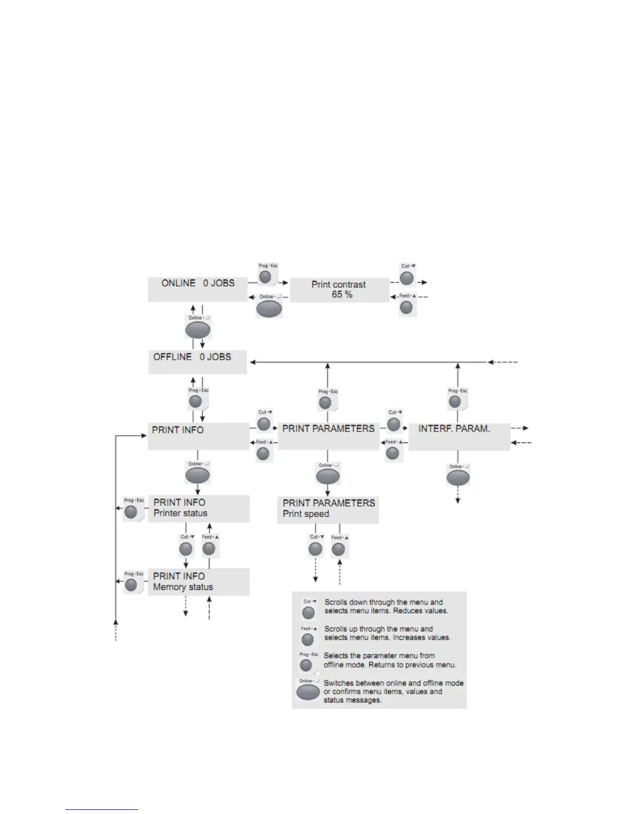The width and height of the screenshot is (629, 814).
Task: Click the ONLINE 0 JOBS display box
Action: pos(198,289)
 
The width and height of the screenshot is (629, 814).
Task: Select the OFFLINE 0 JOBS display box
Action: pos(197,362)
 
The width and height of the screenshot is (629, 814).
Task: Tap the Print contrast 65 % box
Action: pos(339,290)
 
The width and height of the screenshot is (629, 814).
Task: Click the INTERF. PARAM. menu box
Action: pos(459,436)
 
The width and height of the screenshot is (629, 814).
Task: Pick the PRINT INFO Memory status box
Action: pos(198,582)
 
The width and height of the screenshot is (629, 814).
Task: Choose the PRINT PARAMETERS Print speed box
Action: pos(328,509)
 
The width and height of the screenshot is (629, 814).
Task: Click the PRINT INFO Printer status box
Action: pos(198,508)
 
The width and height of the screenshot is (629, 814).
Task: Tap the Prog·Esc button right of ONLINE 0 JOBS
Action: pos(265,277)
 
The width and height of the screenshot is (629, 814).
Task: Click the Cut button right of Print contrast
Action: pos(407,279)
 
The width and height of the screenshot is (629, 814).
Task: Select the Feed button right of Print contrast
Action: pos(406,307)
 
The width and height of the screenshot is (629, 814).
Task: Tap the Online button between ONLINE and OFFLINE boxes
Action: pos(198,329)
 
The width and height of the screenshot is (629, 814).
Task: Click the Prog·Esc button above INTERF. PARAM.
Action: pos(455,401)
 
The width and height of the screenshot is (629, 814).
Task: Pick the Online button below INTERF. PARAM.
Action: pos(458,478)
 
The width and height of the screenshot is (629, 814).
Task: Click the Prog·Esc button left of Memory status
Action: pos(132,585)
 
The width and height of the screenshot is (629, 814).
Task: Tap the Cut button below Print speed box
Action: pos(316,549)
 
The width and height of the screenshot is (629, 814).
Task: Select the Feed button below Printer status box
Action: pos(209,549)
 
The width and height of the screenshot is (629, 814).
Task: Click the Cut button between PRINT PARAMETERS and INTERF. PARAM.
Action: pos(394,424)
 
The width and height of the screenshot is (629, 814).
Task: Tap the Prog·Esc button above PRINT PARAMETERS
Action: pos(325,402)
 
